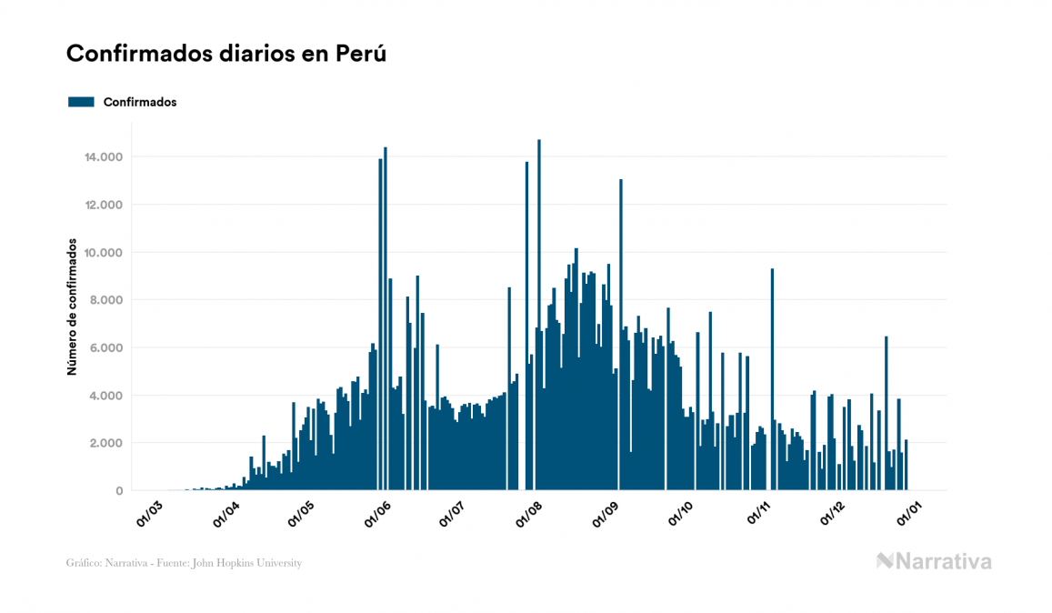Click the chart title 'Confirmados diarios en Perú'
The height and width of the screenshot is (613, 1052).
(x=226, y=54)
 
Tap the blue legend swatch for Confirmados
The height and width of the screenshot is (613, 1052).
(x=82, y=102)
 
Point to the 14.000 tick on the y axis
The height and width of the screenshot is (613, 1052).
(x=104, y=157)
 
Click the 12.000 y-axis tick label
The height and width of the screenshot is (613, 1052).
(x=104, y=205)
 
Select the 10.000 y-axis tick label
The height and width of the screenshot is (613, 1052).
(x=104, y=253)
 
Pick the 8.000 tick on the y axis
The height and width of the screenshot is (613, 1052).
(x=106, y=300)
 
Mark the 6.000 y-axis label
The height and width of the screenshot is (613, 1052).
(x=106, y=348)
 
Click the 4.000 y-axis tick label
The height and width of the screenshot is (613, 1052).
(x=106, y=396)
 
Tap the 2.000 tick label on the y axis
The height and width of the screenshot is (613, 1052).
(x=106, y=443)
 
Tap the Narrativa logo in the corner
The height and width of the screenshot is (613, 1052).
(x=934, y=561)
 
